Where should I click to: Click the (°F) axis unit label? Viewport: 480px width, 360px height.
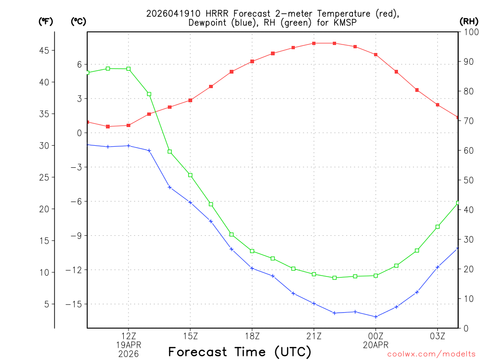point(45,21)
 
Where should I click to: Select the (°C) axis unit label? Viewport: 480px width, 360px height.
point(78,21)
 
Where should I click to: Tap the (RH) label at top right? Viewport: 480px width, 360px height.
point(469,21)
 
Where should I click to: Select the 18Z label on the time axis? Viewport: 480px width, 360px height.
point(252,336)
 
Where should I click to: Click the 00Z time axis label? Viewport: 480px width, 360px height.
point(375,336)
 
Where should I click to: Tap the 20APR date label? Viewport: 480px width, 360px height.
point(375,345)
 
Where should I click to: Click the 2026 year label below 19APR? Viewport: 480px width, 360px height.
point(128,354)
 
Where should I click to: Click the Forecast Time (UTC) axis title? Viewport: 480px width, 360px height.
point(240,352)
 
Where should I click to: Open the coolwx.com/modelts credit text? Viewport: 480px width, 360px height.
point(431,354)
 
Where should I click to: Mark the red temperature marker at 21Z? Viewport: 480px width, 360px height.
point(314,43)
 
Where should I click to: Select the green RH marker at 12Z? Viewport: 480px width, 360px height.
point(128,69)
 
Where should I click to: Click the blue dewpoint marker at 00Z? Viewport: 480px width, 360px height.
point(376,317)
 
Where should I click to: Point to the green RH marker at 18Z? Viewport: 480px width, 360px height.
point(252,251)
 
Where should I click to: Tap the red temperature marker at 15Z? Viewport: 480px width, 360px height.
point(190,100)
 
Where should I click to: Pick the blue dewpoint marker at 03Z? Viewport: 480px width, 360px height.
point(437,267)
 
